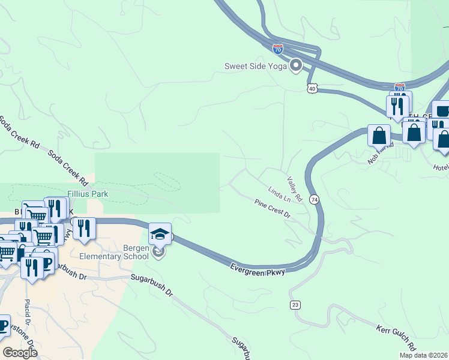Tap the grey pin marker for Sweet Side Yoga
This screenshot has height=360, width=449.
(295, 65)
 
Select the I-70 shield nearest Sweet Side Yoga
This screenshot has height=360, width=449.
(277, 49)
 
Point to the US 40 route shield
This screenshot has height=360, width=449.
(311, 88)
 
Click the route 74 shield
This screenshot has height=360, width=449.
(314, 199)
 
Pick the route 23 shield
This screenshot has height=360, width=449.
(295, 305)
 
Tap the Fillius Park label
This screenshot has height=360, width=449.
(88, 194)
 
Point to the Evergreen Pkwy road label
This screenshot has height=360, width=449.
(258, 268)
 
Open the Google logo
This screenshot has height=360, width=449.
(19, 353)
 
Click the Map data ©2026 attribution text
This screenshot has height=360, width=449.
(423, 355)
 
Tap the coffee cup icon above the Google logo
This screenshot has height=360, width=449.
(3, 326)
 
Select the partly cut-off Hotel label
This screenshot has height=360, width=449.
(441, 167)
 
